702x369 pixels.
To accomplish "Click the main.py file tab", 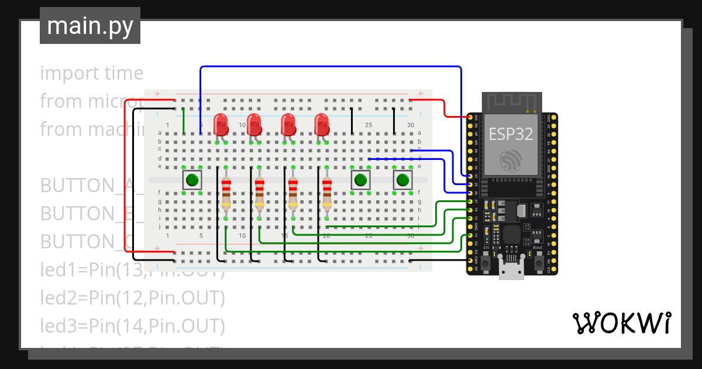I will coord(90,26).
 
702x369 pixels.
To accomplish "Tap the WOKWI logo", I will coord(621,323).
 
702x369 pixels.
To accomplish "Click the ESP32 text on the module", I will coord(511,134).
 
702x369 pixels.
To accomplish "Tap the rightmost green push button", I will coord(402,180).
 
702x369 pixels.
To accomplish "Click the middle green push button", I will coord(361,180).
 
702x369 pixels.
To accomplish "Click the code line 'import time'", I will coord(92,73).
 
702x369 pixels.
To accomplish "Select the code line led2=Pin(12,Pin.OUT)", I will coord(133,298).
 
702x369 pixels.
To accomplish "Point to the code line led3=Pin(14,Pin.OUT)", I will coord(133,325).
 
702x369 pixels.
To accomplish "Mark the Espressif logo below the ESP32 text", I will coord(511,160).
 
